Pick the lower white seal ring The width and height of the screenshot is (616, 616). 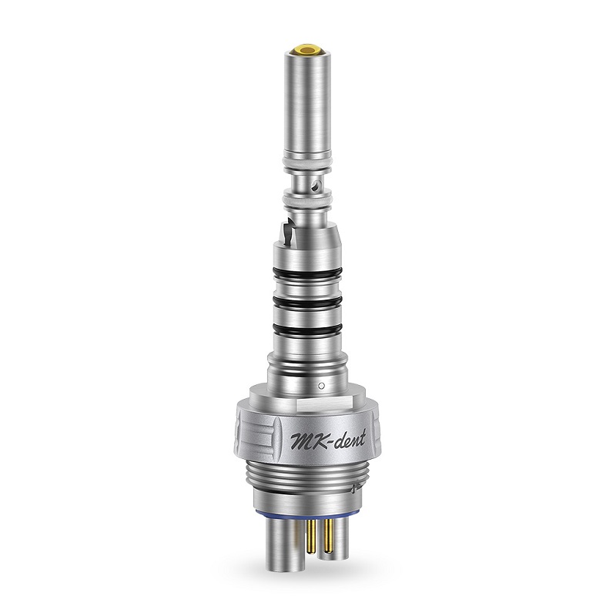[x=308, y=203]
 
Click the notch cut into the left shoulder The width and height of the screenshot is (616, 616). [x=286, y=228]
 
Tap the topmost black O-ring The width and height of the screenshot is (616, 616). [x=308, y=273]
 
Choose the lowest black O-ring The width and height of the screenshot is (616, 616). [x=308, y=332]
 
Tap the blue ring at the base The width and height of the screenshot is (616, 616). [x=308, y=510]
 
